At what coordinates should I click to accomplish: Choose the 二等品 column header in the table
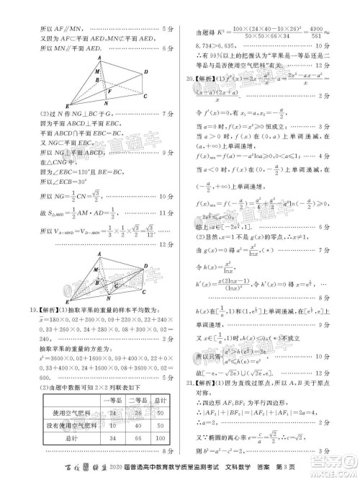click(x=135, y=401)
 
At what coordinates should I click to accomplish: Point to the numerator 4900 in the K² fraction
click(x=332, y=27)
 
